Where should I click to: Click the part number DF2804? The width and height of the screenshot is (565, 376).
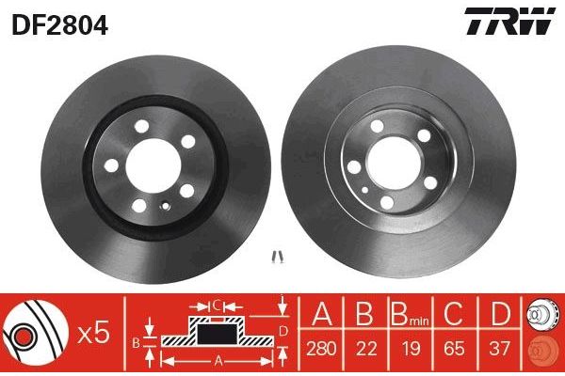point(57,23)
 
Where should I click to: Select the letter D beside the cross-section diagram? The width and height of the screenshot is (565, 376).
point(282,330)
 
